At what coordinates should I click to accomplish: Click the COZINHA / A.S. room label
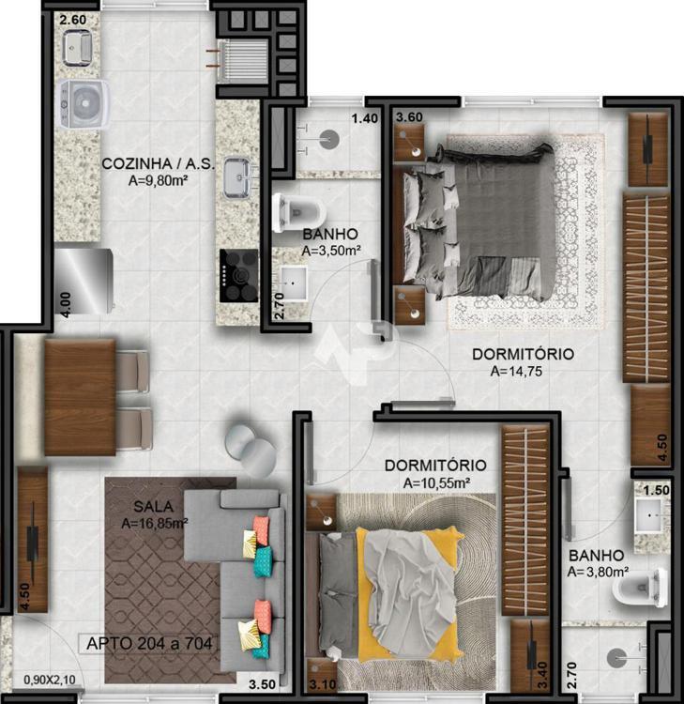(x=158, y=164)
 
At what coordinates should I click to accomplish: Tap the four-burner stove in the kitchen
(x=238, y=276)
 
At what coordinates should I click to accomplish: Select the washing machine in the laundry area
(x=84, y=104)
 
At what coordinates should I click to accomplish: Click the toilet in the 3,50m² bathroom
(x=298, y=213)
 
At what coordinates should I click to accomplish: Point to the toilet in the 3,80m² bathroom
(x=641, y=588)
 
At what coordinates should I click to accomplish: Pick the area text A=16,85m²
(x=155, y=524)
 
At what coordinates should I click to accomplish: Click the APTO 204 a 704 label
(x=149, y=643)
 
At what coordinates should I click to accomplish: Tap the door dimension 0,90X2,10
(x=50, y=680)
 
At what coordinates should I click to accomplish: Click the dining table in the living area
(x=81, y=397)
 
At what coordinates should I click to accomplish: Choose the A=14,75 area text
(x=516, y=372)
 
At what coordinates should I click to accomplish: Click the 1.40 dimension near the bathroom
(x=364, y=118)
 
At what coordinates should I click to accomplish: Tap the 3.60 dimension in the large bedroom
(x=409, y=117)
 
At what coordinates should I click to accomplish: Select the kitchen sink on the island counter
(x=237, y=176)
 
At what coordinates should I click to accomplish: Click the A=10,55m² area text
(x=436, y=483)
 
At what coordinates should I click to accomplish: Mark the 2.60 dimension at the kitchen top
(x=72, y=20)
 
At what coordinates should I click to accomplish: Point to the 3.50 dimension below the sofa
(x=262, y=684)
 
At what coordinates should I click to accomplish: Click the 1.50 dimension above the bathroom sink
(x=656, y=490)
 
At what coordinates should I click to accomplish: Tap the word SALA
(x=153, y=507)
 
